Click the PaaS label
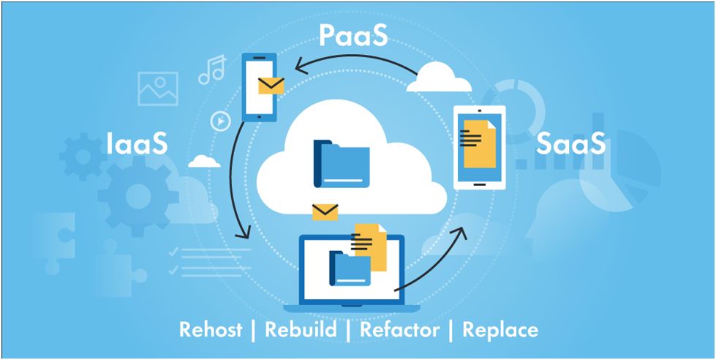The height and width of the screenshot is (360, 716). pos(353,36)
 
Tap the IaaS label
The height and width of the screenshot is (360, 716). pos(137,143)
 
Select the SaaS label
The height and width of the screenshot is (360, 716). pos(570,143)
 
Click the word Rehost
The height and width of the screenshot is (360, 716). pos(211,329)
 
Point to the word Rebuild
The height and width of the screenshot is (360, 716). pos(301,329)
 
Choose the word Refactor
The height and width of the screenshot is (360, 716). pos(400,329)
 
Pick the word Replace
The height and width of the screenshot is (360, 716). pos(500,329)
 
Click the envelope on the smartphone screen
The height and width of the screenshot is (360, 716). pos(271,86)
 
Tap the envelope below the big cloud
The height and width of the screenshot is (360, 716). pos(325,212)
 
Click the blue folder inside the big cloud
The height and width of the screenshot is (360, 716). pos(342,164)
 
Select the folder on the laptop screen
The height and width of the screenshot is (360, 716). pos(350,269)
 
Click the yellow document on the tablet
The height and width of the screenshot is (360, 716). pos(479,144)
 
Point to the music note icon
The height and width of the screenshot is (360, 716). pos(212,70)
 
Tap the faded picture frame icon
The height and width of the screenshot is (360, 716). pos(157,89)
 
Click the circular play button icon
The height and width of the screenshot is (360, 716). pos(221,121)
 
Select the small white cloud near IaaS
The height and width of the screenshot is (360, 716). pos(204,161)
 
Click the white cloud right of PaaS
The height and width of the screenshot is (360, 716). pos(438,78)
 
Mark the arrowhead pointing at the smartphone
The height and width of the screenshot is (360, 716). pos(301,67)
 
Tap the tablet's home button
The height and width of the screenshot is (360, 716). pos(479,185)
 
